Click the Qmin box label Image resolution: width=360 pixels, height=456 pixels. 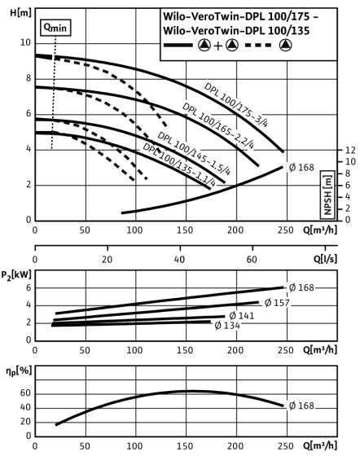click(x=55, y=28)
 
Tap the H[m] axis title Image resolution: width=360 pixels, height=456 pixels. click(x=20, y=13)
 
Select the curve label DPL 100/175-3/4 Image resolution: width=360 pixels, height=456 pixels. click(x=236, y=105)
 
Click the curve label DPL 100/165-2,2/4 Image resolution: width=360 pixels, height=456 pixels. click(x=218, y=125)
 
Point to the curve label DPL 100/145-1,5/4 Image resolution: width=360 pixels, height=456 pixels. click(x=194, y=153)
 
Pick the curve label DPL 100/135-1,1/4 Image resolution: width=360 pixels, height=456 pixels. click(x=179, y=164)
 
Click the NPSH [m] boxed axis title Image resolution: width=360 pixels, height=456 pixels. click(x=327, y=195)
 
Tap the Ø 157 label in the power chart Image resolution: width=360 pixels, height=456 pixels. click(x=277, y=303)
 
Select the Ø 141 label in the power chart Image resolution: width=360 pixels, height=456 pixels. click(x=242, y=316)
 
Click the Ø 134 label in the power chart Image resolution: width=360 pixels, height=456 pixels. click(x=227, y=326)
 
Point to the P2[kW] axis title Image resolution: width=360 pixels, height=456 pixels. click(x=16, y=275)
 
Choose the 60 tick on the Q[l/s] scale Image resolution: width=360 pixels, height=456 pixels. click(x=252, y=260)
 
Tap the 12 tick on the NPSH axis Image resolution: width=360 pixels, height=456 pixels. click(x=350, y=150)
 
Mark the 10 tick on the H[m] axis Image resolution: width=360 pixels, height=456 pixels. click(x=25, y=42)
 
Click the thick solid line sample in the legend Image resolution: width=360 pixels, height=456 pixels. click(x=178, y=45)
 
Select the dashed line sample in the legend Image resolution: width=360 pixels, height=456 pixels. click(x=258, y=45)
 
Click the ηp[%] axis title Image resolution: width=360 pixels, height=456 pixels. click(x=19, y=371)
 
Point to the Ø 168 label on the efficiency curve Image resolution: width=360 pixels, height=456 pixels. click(x=302, y=406)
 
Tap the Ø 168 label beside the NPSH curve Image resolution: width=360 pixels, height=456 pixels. click(x=302, y=168)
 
